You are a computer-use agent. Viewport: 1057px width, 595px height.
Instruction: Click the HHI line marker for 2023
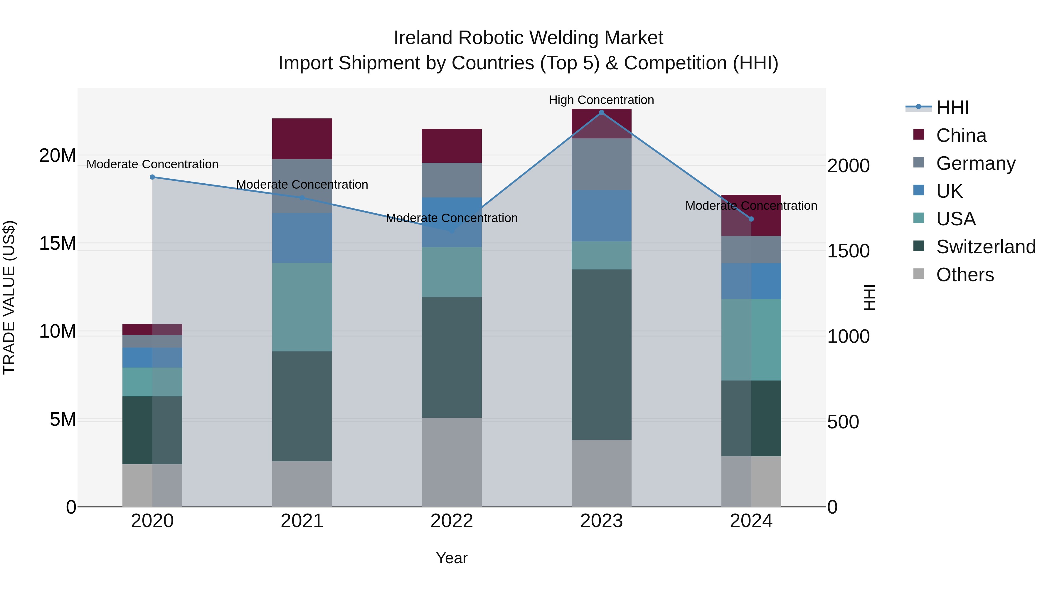point(602,113)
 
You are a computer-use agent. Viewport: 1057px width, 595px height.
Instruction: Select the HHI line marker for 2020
point(152,177)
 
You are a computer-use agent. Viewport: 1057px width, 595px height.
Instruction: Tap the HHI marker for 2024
point(751,219)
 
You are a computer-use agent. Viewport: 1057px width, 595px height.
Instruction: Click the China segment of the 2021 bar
point(302,139)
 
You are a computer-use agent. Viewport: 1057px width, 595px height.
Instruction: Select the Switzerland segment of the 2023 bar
point(602,354)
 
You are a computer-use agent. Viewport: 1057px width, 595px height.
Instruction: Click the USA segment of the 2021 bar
point(302,307)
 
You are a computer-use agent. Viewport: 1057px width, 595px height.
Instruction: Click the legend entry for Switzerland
point(986,247)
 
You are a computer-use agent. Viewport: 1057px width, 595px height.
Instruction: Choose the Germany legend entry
point(975,163)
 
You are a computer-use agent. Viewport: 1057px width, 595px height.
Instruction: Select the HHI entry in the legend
point(952,108)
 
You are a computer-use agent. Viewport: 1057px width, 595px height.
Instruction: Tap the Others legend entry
point(965,275)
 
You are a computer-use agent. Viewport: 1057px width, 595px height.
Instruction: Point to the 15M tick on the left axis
point(58,244)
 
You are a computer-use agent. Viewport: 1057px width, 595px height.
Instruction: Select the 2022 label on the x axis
point(452,521)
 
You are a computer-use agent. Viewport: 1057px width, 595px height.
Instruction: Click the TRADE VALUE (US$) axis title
point(9,297)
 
